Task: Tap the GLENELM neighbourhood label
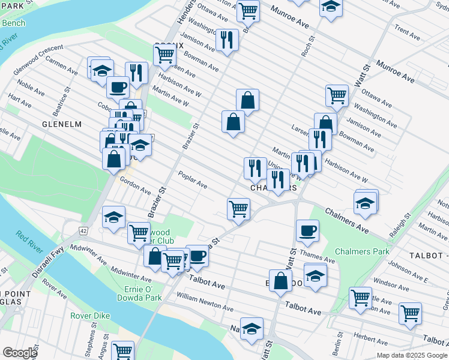click(x=61, y=124)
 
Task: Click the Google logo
click(x=19, y=353)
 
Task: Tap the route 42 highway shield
click(x=83, y=230)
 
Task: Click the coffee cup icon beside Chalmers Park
click(x=307, y=231)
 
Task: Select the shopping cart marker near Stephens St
click(x=123, y=350)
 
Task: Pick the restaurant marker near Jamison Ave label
click(x=226, y=40)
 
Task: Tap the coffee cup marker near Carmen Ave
click(x=118, y=87)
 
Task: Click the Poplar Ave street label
click(x=193, y=179)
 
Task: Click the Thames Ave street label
click(x=312, y=256)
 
